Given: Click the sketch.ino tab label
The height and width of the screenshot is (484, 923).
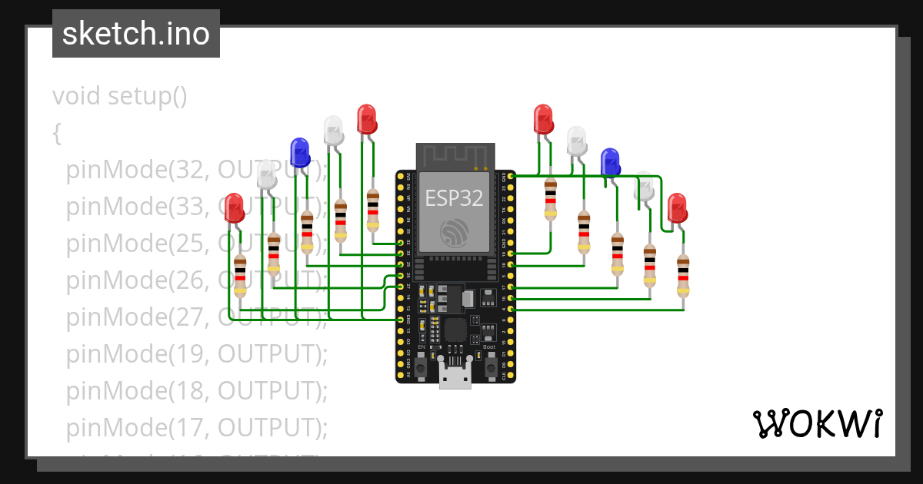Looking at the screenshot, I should (135, 34).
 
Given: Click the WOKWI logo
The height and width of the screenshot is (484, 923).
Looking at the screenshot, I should (816, 423).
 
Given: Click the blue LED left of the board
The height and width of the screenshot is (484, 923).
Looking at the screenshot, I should (299, 152).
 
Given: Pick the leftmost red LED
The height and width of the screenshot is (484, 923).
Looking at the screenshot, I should (234, 207).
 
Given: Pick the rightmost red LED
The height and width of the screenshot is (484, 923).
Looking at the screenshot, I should (677, 207).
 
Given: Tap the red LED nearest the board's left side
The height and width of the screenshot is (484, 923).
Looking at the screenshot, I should (367, 119).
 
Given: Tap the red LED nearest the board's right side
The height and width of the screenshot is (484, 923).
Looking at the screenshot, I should (544, 119).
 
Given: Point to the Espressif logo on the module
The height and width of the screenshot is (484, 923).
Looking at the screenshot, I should (455, 232).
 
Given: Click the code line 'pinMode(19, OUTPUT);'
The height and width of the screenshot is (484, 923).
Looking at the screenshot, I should (196, 353).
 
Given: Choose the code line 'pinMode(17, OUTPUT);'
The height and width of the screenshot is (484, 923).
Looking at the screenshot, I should (196, 427).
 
